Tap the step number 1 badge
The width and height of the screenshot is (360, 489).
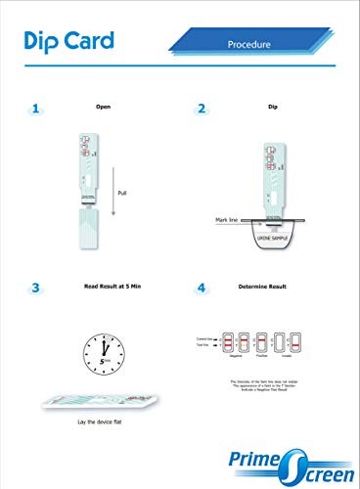coord(36,109)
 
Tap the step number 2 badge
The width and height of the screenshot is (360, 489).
coord(202,109)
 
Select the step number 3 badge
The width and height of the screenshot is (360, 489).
coord(36,288)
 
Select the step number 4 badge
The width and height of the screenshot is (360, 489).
coord(202,288)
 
